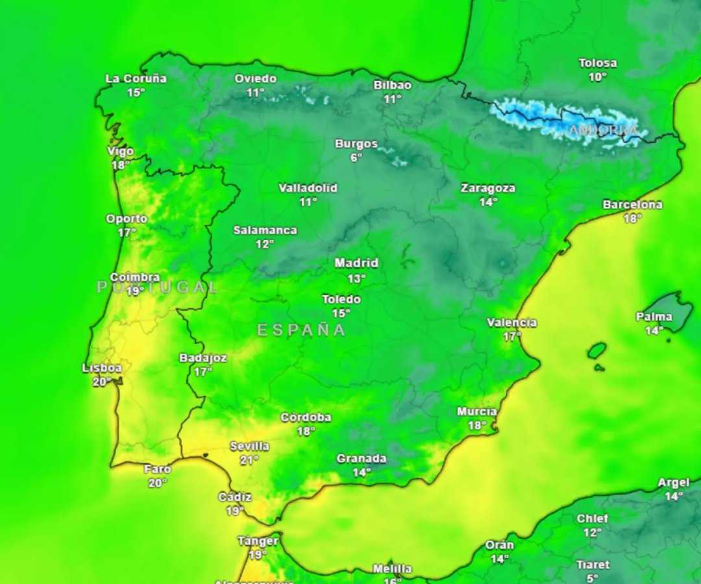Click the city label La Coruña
136,79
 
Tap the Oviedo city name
255,79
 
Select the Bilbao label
392,85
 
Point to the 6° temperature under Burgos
356,158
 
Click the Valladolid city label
308,188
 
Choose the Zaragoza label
488,188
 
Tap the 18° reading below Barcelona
632,219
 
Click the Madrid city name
356,263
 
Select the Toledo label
341,299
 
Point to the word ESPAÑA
302,330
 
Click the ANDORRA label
603,130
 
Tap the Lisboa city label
102,368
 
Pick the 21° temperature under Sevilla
249,460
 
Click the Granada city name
362,459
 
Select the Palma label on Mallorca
654,317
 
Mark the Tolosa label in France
598,63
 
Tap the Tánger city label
258,541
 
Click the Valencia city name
512,322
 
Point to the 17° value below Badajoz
203,372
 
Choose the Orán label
500,545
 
